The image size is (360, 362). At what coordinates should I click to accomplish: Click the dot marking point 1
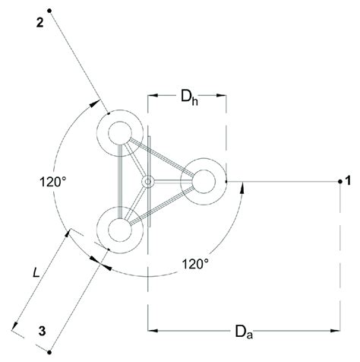click(339, 181)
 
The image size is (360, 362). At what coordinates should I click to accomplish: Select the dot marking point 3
click(49, 351)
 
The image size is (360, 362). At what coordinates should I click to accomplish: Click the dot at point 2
click(49, 10)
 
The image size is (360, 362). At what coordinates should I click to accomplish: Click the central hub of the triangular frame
click(149, 181)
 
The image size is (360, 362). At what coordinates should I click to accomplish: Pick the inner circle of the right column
click(204, 181)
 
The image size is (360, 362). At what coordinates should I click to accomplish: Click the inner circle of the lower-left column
click(120, 228)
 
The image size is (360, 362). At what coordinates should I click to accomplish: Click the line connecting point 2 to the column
click(76, 64)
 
